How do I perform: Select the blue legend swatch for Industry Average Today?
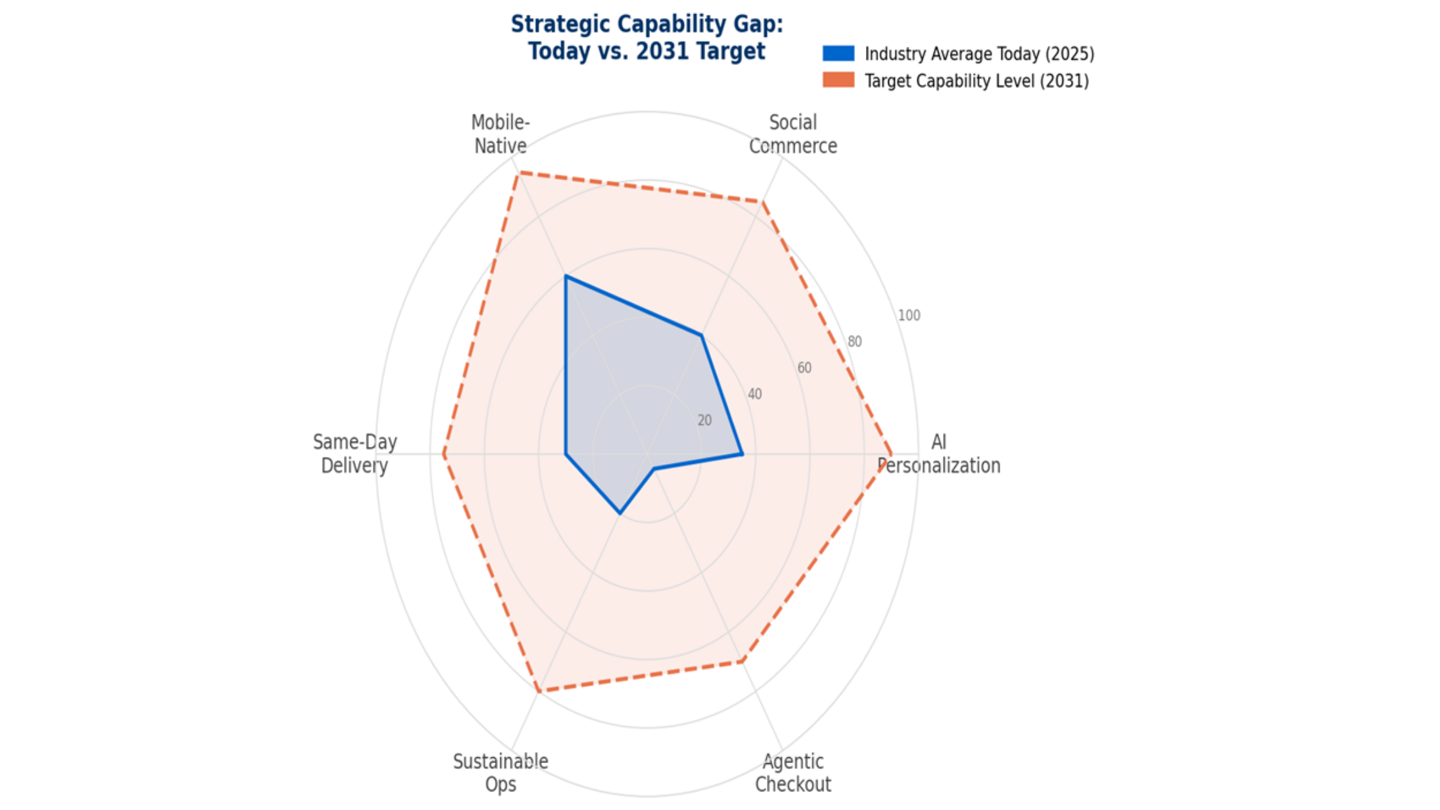pos(838,53)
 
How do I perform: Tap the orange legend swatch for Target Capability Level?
pos(838,80)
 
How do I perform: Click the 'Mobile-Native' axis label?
pos(500,134)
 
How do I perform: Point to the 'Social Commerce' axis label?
pos(793,134)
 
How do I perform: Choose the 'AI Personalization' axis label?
pos(939,454)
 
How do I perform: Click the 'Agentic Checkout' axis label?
pos(793,773)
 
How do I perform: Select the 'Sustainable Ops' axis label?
pos(500,773)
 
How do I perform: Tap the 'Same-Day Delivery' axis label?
pos(354,454)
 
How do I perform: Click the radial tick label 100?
pos(909,316)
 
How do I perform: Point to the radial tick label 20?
pos(705,420)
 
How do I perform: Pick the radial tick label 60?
pos(804,368)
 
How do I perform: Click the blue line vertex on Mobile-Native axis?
pos(566,276)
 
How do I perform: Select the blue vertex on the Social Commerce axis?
pos(701,335)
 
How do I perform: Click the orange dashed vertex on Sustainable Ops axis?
pos(539,692)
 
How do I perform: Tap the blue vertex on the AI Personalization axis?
pos(742,455)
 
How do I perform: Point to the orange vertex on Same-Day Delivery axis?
pos(444,455)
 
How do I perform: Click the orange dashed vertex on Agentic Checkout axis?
pos(742,661)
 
